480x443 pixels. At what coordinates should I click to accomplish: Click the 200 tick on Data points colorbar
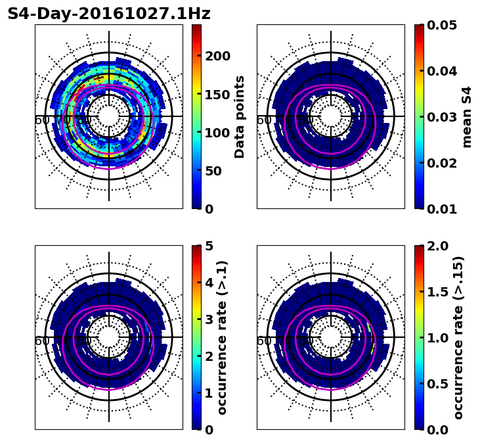coord(217,56)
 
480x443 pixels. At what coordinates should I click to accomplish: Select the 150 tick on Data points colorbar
coord(217,94)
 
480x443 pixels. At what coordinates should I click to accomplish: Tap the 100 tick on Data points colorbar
coord(217,133)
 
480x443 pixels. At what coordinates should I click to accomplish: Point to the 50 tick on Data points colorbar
coord(213,171)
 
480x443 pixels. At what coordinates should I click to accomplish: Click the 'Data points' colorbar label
coord(240,116)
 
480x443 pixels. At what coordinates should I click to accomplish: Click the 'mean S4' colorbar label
coord(467,116)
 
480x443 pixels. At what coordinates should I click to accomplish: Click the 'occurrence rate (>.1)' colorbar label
coord(222,337)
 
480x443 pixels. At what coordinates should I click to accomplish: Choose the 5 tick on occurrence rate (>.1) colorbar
coord(209,246)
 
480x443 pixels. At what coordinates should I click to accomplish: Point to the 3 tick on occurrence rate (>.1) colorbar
coord(209,319)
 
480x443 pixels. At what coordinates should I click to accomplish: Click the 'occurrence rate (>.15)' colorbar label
coord(458,337)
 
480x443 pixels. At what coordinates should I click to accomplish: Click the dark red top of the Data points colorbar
coord(196,27)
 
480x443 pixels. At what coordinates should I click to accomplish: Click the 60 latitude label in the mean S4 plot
coord(263,120)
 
